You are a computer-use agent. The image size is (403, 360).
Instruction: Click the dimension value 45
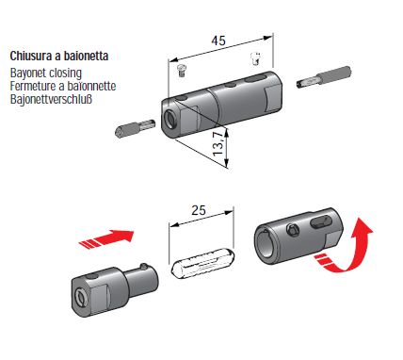pos(218,41)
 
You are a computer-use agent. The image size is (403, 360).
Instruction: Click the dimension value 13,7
pos(218,143)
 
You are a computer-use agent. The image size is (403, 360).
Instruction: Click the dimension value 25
pos(199,210)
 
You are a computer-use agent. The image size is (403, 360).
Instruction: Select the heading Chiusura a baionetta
pos(59,56)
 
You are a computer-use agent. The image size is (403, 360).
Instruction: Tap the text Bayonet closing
pos(46,73)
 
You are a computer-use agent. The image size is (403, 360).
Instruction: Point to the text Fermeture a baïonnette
pos(63,86)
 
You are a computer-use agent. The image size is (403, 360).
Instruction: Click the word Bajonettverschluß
pos(51,99)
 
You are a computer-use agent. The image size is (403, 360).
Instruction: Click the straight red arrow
pos(106,239)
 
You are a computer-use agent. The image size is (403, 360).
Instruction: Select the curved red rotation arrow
pos(348,252)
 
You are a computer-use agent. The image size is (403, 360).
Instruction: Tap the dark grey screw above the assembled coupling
pos(182,71)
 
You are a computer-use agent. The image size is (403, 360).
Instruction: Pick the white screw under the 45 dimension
pos(256,58)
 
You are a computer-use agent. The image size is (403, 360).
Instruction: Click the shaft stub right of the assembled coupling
pos(324,77)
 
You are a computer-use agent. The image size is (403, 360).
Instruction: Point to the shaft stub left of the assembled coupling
pos(135,128)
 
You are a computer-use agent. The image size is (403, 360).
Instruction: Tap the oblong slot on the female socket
pos(320,221)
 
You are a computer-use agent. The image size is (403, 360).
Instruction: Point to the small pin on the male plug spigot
pos(144,267)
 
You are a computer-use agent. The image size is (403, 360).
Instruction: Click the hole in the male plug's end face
pos(82,295)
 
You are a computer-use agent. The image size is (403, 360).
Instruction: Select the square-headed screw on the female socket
pos(294,230)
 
